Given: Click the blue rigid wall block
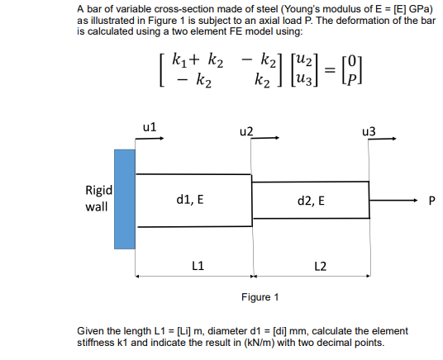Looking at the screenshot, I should pos(125,198).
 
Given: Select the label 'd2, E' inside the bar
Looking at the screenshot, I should pos(310,200).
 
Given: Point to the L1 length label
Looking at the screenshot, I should pos(198,265).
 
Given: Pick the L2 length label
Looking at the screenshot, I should pos(321,265).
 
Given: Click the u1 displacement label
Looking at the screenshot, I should pos(150,127).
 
